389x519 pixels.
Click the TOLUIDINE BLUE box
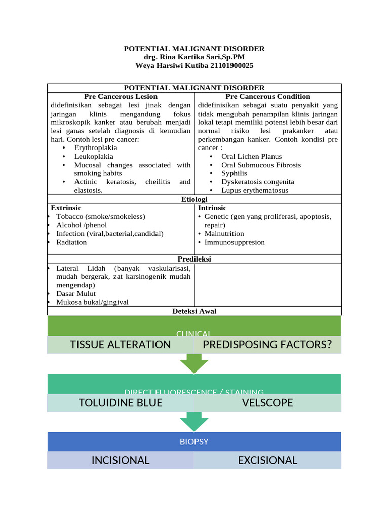pyautogui.click(x=121, y=403)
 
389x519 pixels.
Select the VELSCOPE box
pyautogui.click(x=267, y=403)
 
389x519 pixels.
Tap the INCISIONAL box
pyautogui.click(x=121, y=460)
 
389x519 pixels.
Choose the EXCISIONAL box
pyautogui.click(x=267, y=460)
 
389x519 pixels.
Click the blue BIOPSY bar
pyautogui.click(x=194, y=442)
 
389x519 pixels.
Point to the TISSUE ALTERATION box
pyautogui.click(x=121, y=345)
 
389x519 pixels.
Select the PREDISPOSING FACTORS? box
pyautogui.click(x=267, y=345)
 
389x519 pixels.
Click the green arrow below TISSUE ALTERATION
pyautogui.click(x=194, y=363)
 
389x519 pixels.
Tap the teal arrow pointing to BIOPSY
pyautogui.click(x=194, y=421)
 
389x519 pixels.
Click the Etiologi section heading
pyautogui.click(x=194, y=200)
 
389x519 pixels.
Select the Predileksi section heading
pyautogui.click(x=194, y=259)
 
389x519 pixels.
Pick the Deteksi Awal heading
pyautogui.click(x=194, y=311)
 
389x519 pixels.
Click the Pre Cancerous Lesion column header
pyautogui.click(x=121, y=96)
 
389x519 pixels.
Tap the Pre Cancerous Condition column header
pyautogui.click(x=268, y=96)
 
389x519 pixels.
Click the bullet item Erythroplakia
pyautogui.click(x=96, y=148)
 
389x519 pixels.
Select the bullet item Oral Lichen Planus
pyautogui.click(x=251, y=157)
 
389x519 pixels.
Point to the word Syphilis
pyautogui.click(x=235, y=173)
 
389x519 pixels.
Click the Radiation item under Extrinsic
pyautogui.click(x=71, y=242)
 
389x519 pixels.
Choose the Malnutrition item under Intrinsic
pyautogui.click(x=224, y=234)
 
